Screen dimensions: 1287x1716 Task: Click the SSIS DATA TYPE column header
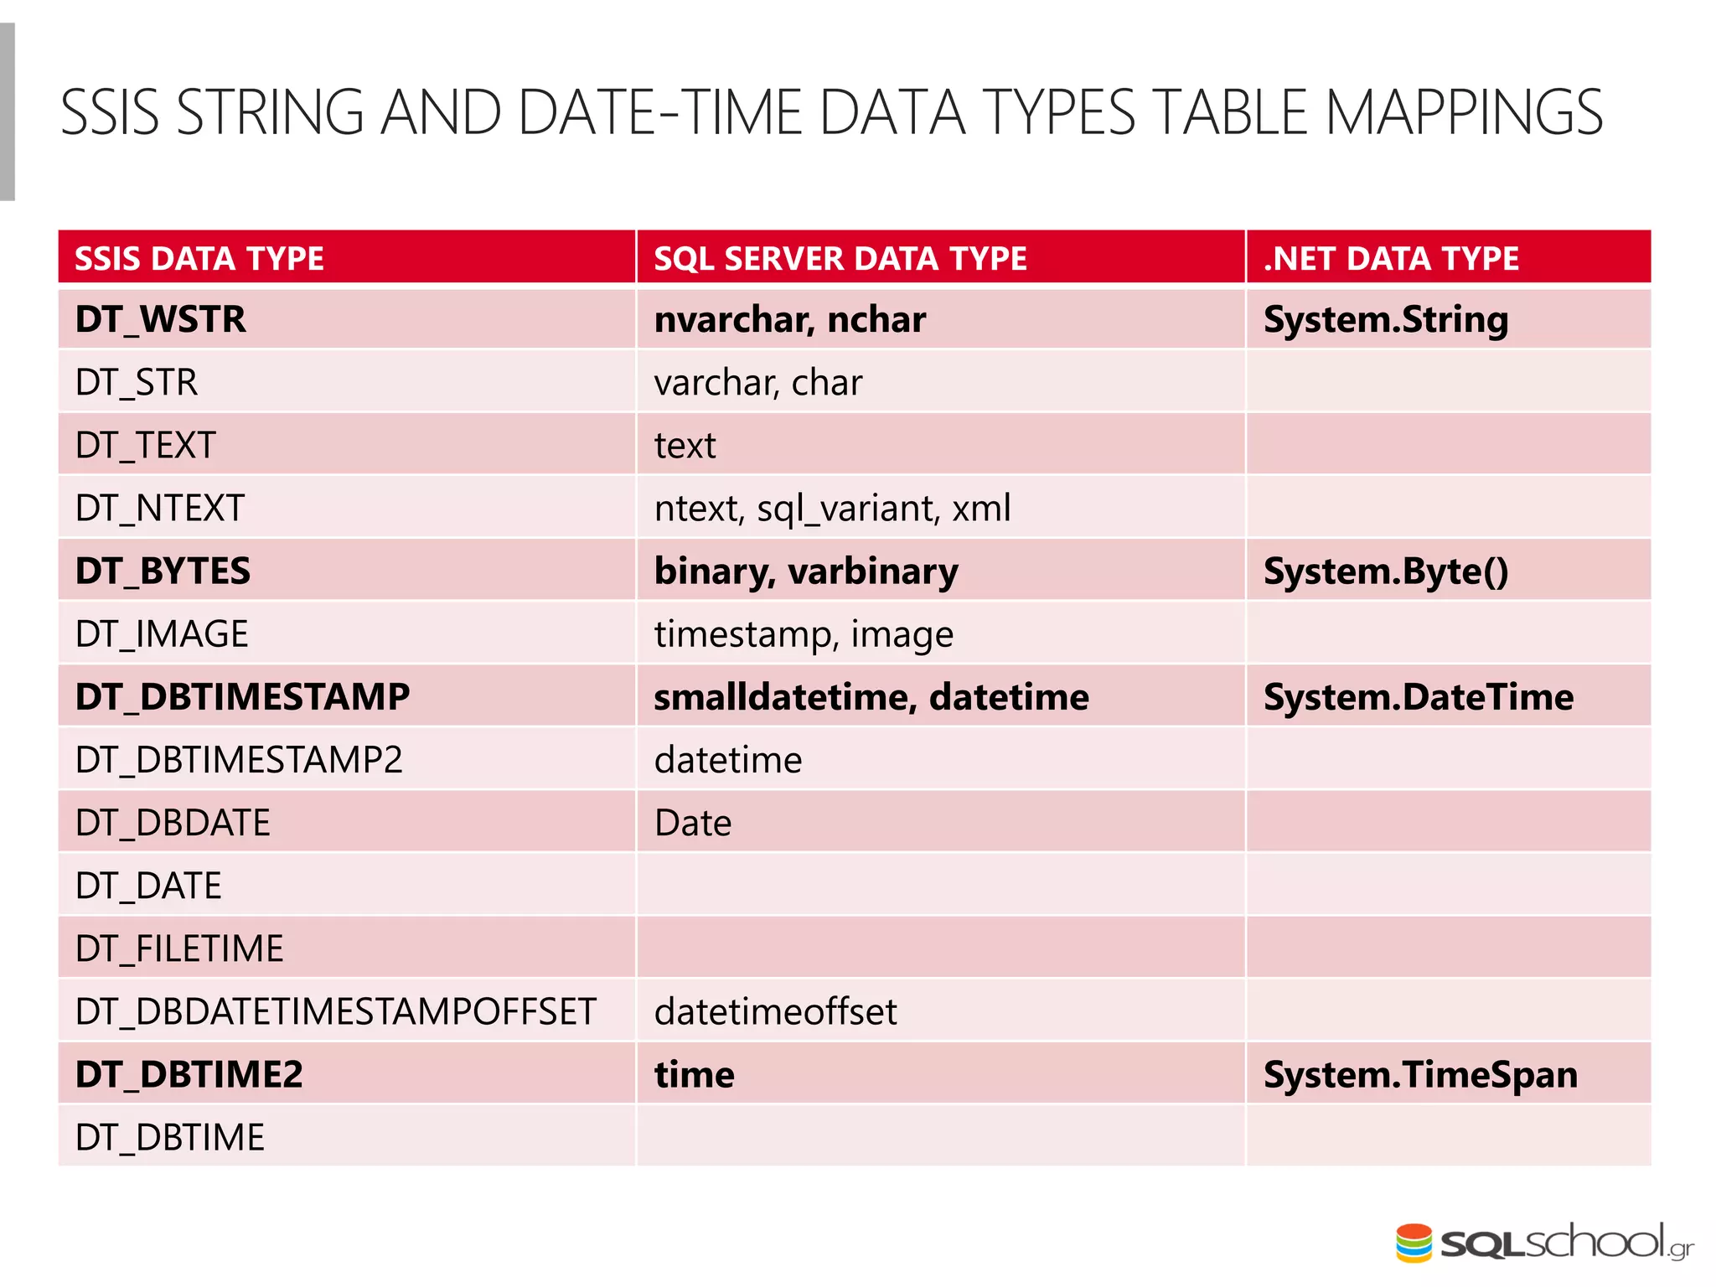(x=199, y=258)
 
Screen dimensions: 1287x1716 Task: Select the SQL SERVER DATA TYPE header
(x=840, y=258)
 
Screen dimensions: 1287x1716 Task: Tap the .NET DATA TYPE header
(x=1391, y=258)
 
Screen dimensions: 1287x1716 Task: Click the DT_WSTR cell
(x=161, y=319)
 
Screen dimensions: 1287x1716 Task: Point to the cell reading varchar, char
(x=757, y=383)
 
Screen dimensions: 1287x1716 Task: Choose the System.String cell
(x=1386, y=319)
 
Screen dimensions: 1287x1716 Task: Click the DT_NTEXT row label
(x=160, y=509)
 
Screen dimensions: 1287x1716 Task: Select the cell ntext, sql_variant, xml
(x=832, y=509)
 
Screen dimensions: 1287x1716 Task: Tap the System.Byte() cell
(x=1386, y=571)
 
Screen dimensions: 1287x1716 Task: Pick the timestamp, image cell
(x=804, y=634)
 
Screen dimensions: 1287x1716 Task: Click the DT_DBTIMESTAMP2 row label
(x=239, y=760)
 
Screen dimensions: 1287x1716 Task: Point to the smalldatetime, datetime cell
(x=871, y=697)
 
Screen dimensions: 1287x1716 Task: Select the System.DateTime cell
(x=1419, y=697)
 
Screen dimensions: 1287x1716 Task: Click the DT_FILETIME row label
(x=179, y=948)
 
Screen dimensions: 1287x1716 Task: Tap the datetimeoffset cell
(x=775, y=1011)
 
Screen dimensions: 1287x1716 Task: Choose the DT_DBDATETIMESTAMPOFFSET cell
(x=335, y=1011)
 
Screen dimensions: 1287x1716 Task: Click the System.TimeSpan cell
(x=1420, y=1074)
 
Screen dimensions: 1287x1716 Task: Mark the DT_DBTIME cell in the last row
(x=170, y=1137)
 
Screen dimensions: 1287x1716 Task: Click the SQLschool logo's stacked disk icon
(x=1414, y=1243)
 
